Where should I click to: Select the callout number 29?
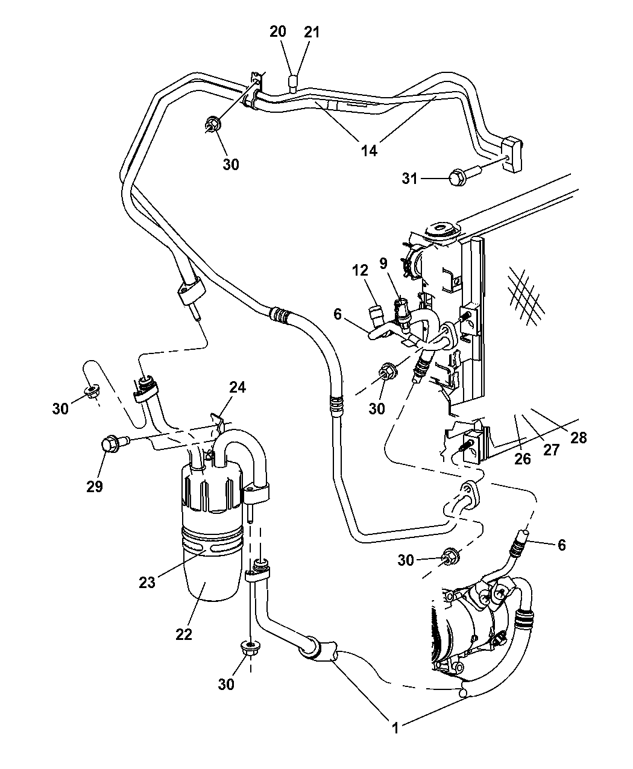click(95, 486)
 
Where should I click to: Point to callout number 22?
click(184, 634)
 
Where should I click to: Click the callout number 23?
click(147, 582)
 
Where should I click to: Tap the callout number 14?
click(370, 150)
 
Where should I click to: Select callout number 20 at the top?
click(278, 32)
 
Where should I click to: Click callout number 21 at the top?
click(312, 32)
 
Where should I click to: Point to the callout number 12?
click(361, 271)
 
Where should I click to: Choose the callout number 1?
click(395, 729)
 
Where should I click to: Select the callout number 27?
click(551, 449)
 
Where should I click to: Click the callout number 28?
click(578, 437)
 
